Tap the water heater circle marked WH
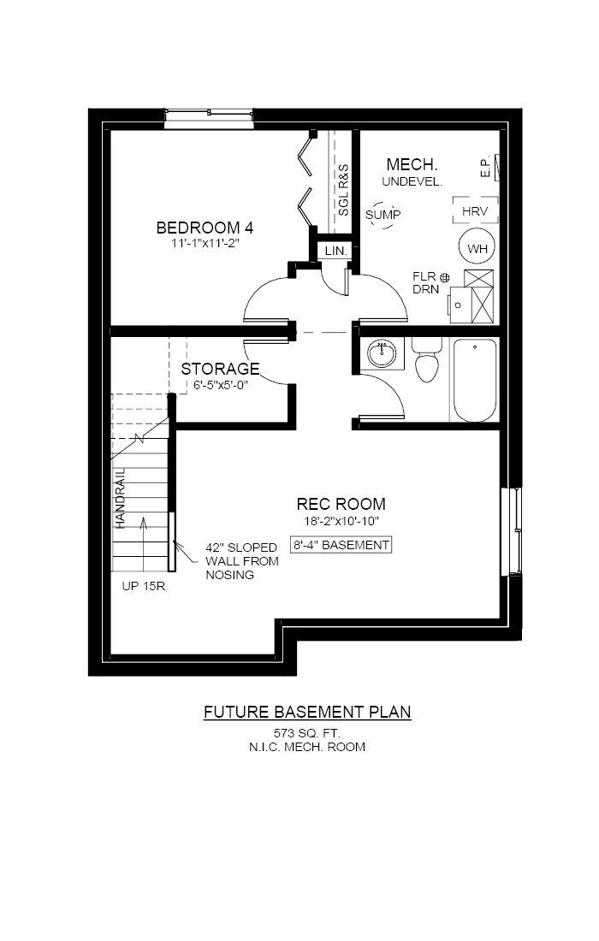pyautogui.click(x=476, y=248)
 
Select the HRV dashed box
pyautogui.click(x=475, y=210)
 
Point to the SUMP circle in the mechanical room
pyautogui.click(x=383, y=215)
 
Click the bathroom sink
pyautogui.click(x=381, y=352)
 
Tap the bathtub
pyautogui.click(x=474, y=380)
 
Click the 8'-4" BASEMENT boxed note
pyautogui.click(x=341, y=545)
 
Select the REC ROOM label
pyautogui.click(x=341, y=504)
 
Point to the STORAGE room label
pyautogui.click(x=220, y=369)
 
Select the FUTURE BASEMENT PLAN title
pyautogui.click(x=307, y=712)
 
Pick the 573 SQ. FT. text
pyautogui.click(x=307, y=732)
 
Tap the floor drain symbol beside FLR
pyautogui.click(x=444, y=276)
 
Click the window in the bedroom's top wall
pyautogui.click(x=209, y=118)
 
